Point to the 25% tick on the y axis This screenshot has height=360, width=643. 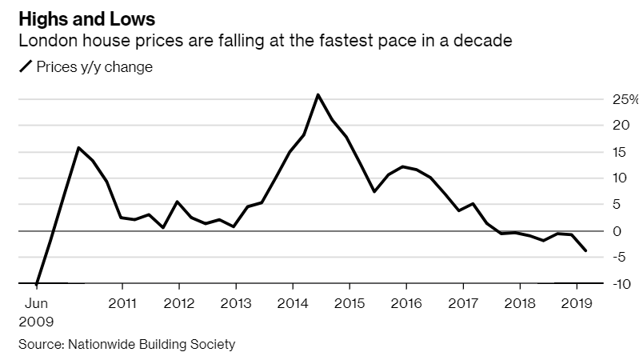point(624,99)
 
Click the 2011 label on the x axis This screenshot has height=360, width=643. point(122,304)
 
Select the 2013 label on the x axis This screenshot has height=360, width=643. point(235,304)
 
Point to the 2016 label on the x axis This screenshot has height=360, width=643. point(405,304)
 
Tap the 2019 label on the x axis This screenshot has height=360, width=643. point(576,304)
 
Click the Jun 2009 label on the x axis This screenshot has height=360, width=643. point(37,313)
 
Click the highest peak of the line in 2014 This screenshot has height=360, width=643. point(318,94)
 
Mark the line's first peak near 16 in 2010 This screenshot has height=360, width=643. point(78,147)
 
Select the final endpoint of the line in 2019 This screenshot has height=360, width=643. point(586,251)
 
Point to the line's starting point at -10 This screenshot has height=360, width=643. point(37,283)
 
